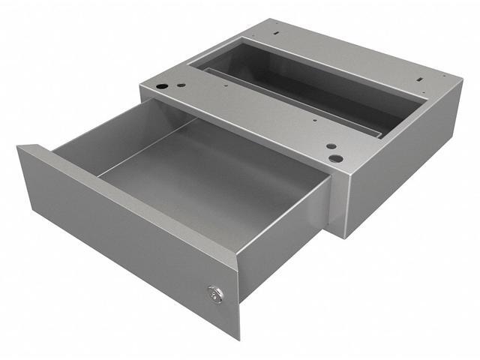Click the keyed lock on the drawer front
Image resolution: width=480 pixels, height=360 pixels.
click(x=216, y=295)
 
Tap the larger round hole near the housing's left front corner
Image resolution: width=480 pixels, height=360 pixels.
click(x=161, y=87)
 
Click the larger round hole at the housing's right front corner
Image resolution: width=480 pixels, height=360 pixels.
click(x=336, y=159)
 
